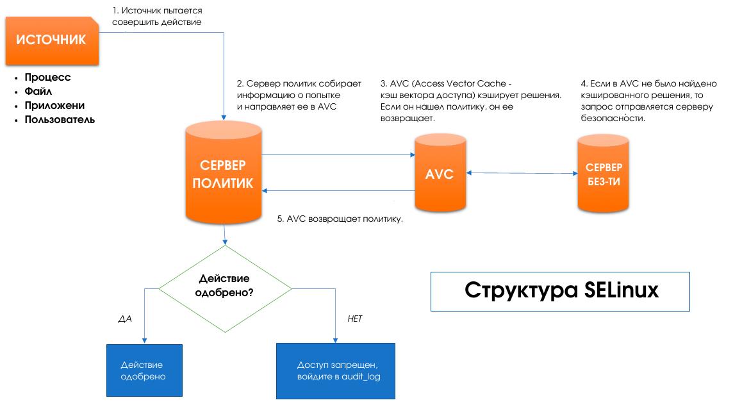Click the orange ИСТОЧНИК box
click(x=51, y=40)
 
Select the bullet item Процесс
click(x=47, y=78)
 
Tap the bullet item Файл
click(x=38, y=92)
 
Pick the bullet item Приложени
click(x=54, y=106)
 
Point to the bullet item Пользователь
click(x=60, y=120)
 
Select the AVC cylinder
click(x=440, y=174)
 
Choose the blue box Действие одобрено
click(x=144, y=370)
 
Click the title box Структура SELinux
click(x=560, y=291)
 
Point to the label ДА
click(x=126, y=319)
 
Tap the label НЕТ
click(x=354, y=319)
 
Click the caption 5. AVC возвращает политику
click(x=340, y=219)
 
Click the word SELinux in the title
click(x=621, y=290)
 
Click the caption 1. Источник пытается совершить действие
click(x=157, y=17)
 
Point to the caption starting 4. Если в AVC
click(x=648, y=101)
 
